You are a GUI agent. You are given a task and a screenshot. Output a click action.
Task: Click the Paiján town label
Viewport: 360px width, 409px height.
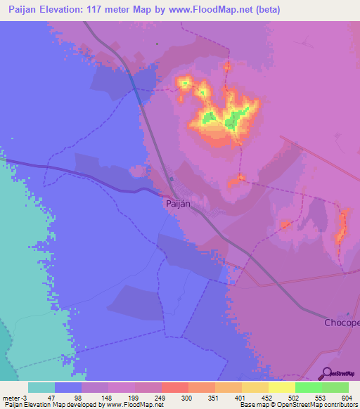(179, 204)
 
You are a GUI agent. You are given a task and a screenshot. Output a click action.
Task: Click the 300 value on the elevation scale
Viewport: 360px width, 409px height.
(187, 397)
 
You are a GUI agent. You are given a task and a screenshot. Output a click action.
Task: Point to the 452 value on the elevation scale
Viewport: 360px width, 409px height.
(267, 397)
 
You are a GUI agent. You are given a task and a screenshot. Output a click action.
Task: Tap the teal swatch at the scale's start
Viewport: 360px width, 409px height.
(41, 387)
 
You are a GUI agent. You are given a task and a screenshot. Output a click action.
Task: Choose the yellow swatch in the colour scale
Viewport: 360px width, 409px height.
(281, 387)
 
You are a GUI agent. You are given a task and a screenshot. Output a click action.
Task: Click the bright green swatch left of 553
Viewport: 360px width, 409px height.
(308, 387)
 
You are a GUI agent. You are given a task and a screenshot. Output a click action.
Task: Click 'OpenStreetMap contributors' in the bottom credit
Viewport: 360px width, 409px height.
(323, 405)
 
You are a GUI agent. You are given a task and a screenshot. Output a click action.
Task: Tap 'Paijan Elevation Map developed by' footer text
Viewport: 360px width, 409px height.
(49, 405)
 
